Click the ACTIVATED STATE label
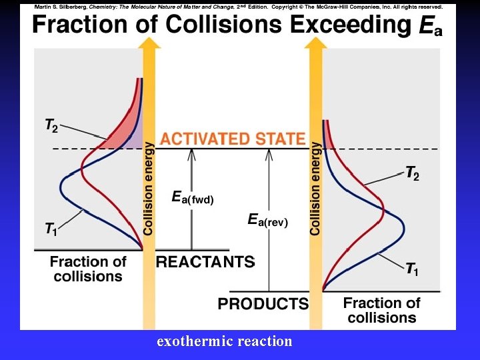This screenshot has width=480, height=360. click(x=233, y=139)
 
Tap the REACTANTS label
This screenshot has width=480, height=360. click(x=205, y=262)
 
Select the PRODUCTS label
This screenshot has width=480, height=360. click(x=263, y=304)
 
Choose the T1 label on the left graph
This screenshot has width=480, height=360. click(x=51, y=230)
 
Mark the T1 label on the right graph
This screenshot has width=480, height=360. click(x=413, y=269)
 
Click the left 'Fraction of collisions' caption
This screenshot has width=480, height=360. click(x=88, y=269)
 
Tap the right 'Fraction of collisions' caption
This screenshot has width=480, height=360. click(x=381, y=310)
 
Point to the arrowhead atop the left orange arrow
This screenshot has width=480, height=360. click(x=149, y=42)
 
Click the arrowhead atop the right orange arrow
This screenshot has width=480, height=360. click(x=315, y=42)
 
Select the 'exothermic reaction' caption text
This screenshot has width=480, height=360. click(x=224, y=341)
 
